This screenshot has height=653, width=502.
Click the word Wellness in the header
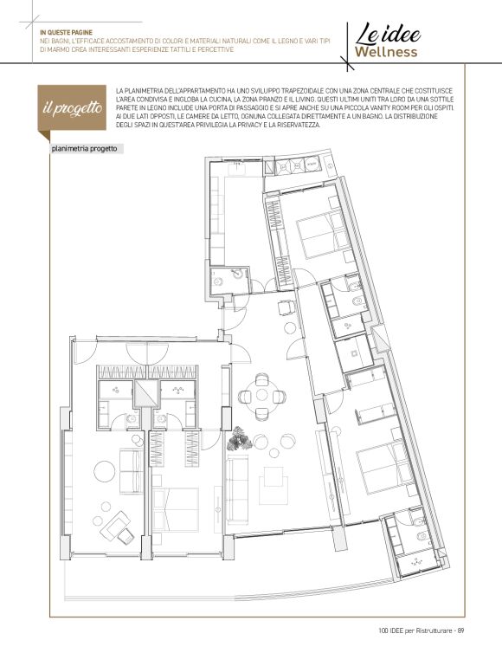pos(386,52)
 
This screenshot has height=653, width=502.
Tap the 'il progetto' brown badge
pos(72,108)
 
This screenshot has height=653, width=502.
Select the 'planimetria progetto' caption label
pos(85,149)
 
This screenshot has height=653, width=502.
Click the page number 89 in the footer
pos(460,630)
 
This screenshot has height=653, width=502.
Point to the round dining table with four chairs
pos(262,396)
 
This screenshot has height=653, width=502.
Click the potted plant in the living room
pos(240,438)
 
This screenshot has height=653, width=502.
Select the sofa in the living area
pos(237,488)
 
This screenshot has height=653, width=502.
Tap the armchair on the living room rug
pos(274,485)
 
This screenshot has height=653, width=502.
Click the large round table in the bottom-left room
pos(105,471)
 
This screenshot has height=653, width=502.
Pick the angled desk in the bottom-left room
pos(118,527)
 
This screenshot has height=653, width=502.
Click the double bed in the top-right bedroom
pos(324,234)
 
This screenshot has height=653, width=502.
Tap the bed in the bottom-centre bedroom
pos(176,509)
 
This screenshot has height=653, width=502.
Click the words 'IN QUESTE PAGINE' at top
pos(66,32)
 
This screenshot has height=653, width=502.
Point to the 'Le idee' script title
pos(388,34)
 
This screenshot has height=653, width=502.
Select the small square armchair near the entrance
pos(286,307)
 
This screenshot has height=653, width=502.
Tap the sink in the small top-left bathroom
pos(237,273)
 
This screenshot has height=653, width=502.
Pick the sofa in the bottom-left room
pos(132,470)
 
